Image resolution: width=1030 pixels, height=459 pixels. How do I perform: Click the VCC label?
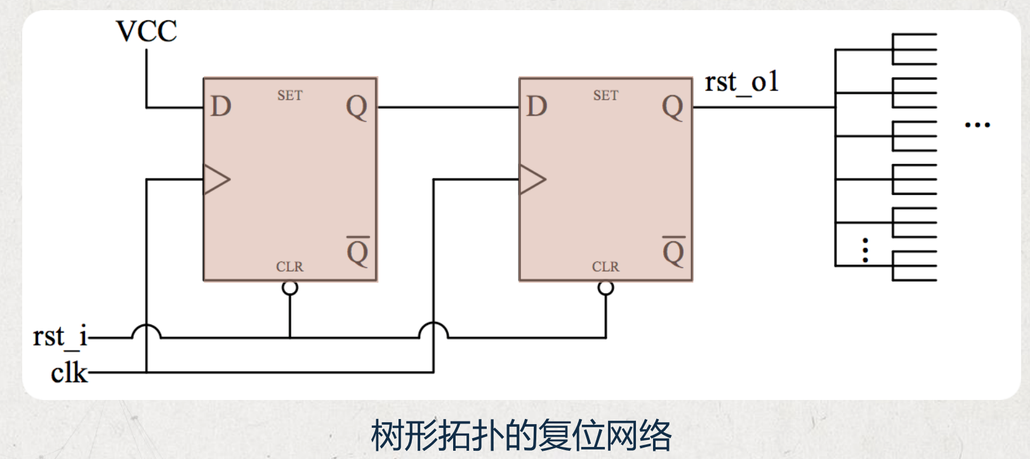tap(146, 31)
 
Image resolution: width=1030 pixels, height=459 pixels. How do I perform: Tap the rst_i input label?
tap(60, 336)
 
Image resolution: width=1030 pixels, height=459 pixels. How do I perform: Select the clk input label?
tap(69, 373)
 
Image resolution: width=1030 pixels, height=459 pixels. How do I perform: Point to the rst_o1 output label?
tap(741, 83)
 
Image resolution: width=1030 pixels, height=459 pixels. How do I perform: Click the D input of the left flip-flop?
tap(221, 107)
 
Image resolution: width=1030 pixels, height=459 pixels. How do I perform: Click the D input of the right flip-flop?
tap(537, 107)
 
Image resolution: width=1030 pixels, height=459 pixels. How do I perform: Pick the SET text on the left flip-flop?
tap(289, 96)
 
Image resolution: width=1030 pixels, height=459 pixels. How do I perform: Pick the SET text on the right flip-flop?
tap(605, 96)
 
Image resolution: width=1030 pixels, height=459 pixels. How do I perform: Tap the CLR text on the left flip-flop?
tap(289, 267)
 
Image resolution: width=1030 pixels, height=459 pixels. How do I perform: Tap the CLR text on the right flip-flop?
tap(605, 267)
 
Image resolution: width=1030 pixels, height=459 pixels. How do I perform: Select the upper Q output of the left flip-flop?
tap(357, 107)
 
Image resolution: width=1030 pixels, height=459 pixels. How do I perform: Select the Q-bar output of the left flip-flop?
tap(357, 252)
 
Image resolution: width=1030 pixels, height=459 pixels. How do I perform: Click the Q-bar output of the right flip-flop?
tap(673, 252)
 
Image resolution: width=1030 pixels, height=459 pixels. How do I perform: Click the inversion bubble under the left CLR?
tap(289, 288)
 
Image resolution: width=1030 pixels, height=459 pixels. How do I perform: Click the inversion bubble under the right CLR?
tap(606, 288)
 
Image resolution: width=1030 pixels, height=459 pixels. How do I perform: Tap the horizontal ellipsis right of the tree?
tap(977, 125)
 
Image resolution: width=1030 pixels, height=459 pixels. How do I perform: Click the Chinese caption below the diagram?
tap(520, 436)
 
